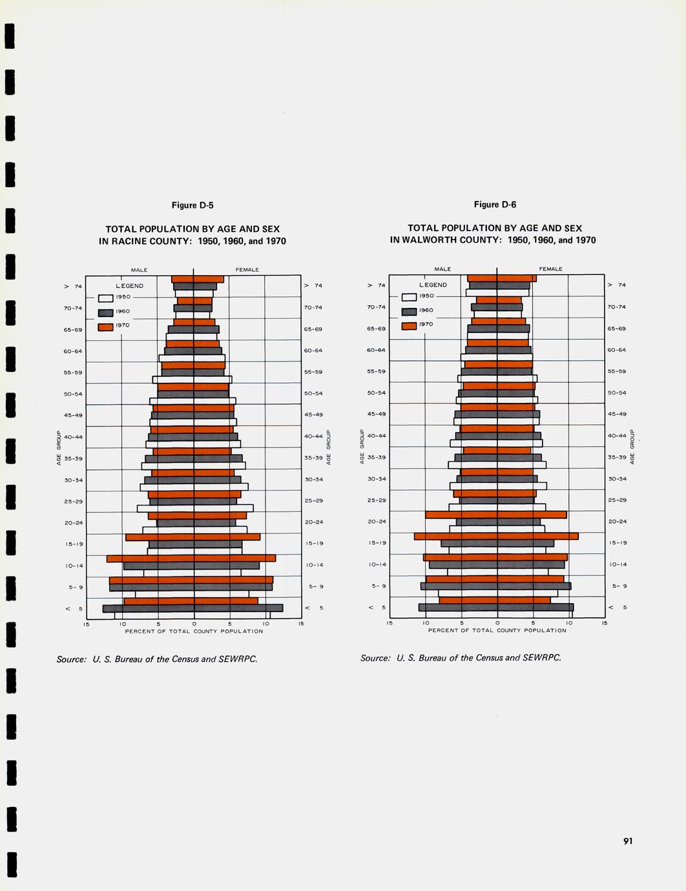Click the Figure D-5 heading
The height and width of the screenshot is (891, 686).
(192, 205)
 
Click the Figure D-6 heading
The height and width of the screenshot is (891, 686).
(495, 205)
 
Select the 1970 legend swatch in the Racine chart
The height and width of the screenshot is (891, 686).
(105, 327)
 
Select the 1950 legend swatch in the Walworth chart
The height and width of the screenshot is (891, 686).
(409, 297)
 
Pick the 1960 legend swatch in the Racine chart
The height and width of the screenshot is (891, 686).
(105, 312)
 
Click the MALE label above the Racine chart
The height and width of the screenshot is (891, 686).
(139, 270)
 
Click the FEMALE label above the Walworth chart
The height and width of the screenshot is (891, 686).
(550, 269)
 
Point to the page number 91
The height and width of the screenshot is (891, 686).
(628, 841)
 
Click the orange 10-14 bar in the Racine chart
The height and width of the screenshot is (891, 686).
(191, 558)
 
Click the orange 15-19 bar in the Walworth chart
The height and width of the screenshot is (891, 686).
(496, 536)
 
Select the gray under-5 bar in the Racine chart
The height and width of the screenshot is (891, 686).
(192, 608)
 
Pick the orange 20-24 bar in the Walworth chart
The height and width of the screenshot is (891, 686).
(496, 515)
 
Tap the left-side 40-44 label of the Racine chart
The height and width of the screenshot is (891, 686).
(73, 437)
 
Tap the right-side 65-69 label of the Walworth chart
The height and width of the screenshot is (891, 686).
(617, 329)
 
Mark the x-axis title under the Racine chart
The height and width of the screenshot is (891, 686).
(194, 631)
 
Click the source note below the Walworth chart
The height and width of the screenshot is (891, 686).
(461, 658)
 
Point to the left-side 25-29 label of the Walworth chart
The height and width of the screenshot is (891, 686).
(377, 500)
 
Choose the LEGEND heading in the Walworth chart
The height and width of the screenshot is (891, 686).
(433, 285)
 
